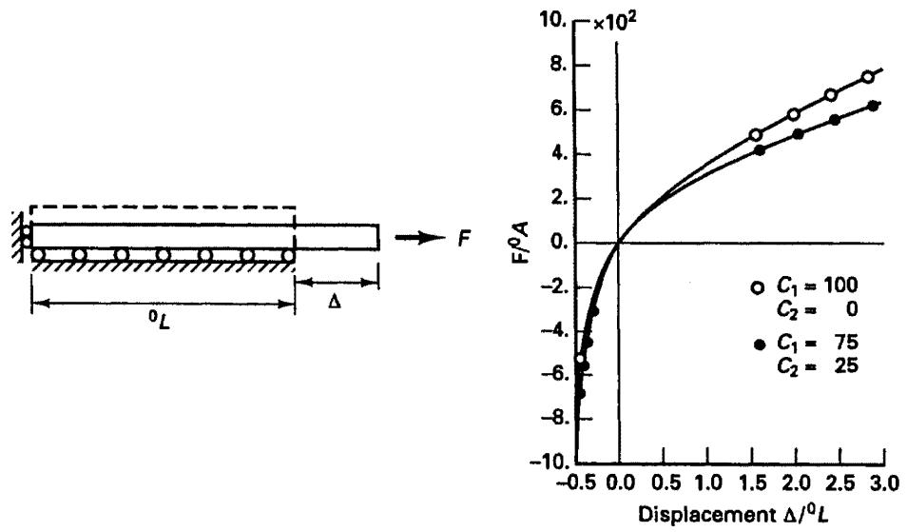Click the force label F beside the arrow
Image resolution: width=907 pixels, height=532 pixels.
(x=464, y=238)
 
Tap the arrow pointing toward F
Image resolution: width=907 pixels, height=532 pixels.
(x=420, y=237)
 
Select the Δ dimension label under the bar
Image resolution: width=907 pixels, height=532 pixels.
(x=335, y=302)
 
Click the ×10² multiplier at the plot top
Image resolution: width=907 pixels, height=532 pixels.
(x=614, y=22)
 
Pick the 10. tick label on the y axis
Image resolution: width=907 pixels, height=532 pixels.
(x=553, y=22)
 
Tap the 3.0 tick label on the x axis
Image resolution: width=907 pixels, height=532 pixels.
(x=885, y=483)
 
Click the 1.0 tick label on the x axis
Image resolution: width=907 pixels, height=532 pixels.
(x=708, y=483)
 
